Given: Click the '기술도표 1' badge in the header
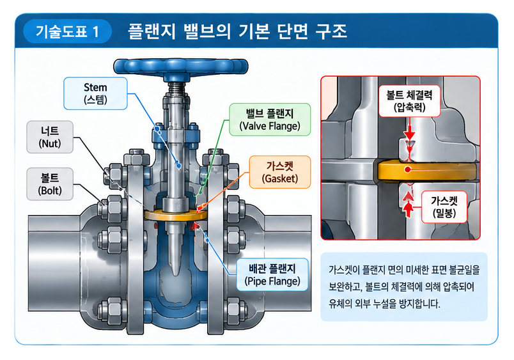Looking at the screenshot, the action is [67, 31].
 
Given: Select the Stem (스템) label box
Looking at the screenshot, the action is [95, 93].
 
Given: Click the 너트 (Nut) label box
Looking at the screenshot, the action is [50, 137].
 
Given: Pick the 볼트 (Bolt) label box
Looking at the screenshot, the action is [50, 184].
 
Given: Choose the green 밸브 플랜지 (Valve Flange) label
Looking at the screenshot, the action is [270, 120].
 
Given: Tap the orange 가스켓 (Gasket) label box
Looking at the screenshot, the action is [280, 172].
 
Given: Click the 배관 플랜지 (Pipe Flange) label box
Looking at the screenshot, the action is [272, 275].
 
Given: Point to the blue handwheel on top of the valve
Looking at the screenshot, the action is [181, 67].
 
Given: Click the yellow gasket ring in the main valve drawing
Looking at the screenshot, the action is [176, 215].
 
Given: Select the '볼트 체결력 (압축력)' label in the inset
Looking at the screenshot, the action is [409, 101].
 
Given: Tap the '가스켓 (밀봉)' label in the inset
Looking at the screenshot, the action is [444, 207].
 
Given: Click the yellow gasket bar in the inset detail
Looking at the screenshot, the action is [427, 170].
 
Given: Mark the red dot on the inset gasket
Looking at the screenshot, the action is [407, 169].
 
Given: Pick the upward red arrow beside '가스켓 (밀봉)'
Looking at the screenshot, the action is [408, 205].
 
